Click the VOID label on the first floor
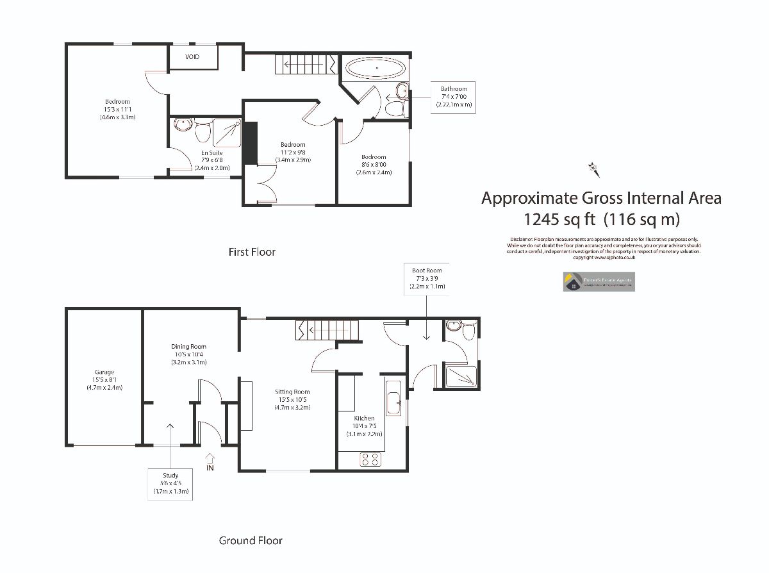click(x=192, y=57)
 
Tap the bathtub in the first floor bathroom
click(x=376, y=68)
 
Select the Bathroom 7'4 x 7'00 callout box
click(x=454, y=96)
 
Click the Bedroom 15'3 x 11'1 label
click(x=117, y=110)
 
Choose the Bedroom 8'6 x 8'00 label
click(x=374, y=165)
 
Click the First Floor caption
click(x=252, y=252)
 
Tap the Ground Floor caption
click(x=251, y=540)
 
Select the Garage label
click(x=104, y=379)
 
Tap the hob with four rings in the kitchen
click(x=370, y=459)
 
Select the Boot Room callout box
click(x=427, y=279)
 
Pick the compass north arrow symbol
click(x=593, y=169)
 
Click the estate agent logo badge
click(x=599, y=281)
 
